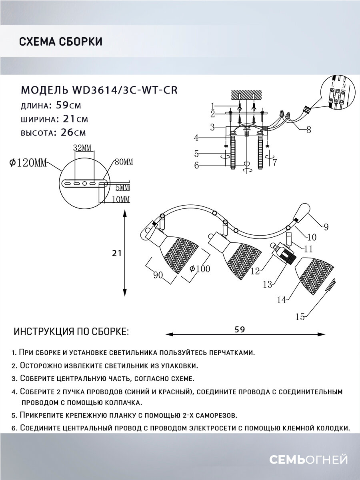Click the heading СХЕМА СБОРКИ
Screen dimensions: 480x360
(x=60, y=42)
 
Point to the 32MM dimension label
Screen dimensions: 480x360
(x=82, y=148)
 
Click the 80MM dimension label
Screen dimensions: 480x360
(x=124, y=162)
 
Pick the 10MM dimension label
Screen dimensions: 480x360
(x=120, y=199)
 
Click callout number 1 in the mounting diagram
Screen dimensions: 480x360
(x=213, y=106)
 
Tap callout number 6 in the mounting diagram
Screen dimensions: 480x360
(x=196, y=165)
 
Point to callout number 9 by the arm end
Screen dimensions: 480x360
(x=326, y=227)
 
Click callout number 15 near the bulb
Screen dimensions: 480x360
(x=300, y=317)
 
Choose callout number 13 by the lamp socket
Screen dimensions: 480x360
(x=267, y=284)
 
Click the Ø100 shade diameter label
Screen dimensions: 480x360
(x=200, y=269)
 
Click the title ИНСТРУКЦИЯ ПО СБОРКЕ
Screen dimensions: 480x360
(x=71, y=332)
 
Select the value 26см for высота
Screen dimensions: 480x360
(x=74, y=132)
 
